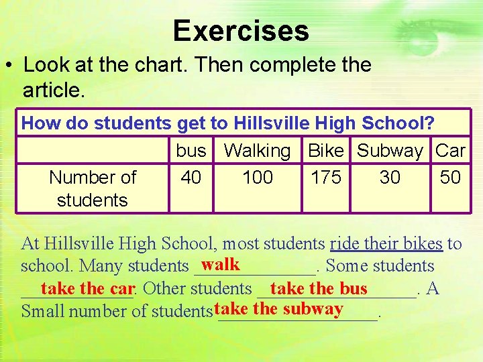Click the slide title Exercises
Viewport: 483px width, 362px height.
[241, 31]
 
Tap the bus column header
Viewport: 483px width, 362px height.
[191, 151]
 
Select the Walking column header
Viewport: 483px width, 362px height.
[257, 151]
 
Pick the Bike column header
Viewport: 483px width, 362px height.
[325, 151]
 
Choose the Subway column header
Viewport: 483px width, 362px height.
[390, 151]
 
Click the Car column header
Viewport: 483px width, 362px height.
[450, 151]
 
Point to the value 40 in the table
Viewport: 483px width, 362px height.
[191, 177]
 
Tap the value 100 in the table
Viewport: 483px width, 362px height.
[257, 177]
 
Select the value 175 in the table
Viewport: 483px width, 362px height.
[326, 177]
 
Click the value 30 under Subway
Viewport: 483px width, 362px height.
[390, 177]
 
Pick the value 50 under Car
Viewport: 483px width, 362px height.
[450, 177]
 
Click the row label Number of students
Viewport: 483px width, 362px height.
[93, 188]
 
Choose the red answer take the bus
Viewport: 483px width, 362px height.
[319, 288]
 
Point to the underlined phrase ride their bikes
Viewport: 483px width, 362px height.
[386, 243]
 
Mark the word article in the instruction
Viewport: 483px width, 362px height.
[53, 89]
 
